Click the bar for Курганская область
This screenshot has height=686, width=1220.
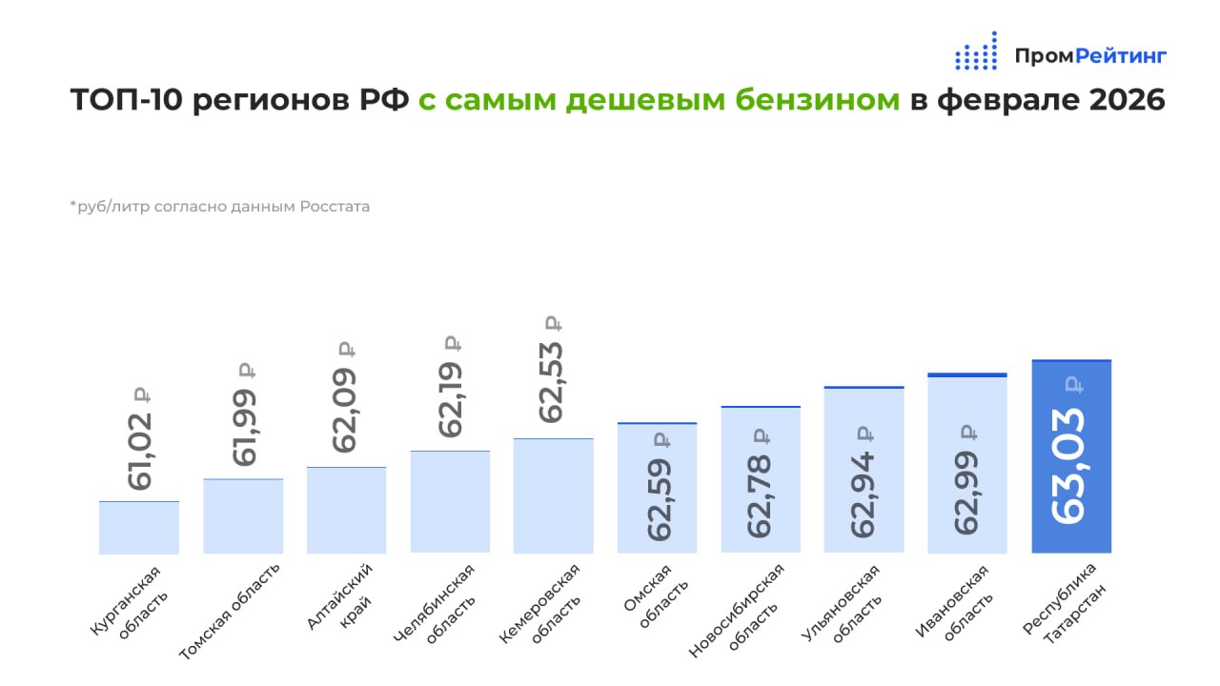(139, 527)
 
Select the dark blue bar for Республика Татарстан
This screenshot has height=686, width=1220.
(1071, 457)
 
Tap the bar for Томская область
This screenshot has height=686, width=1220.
(243, 515)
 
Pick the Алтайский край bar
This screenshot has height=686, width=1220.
(346, 510)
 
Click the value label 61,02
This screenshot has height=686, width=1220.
(140, 450)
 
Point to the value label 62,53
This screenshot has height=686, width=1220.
(551, 381)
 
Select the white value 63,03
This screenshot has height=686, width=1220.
(1070, 464)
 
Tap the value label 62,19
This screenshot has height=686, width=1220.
(449, 397)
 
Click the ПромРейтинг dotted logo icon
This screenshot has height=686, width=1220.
(976, 52)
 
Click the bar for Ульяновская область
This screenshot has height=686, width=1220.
(864, 470)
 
